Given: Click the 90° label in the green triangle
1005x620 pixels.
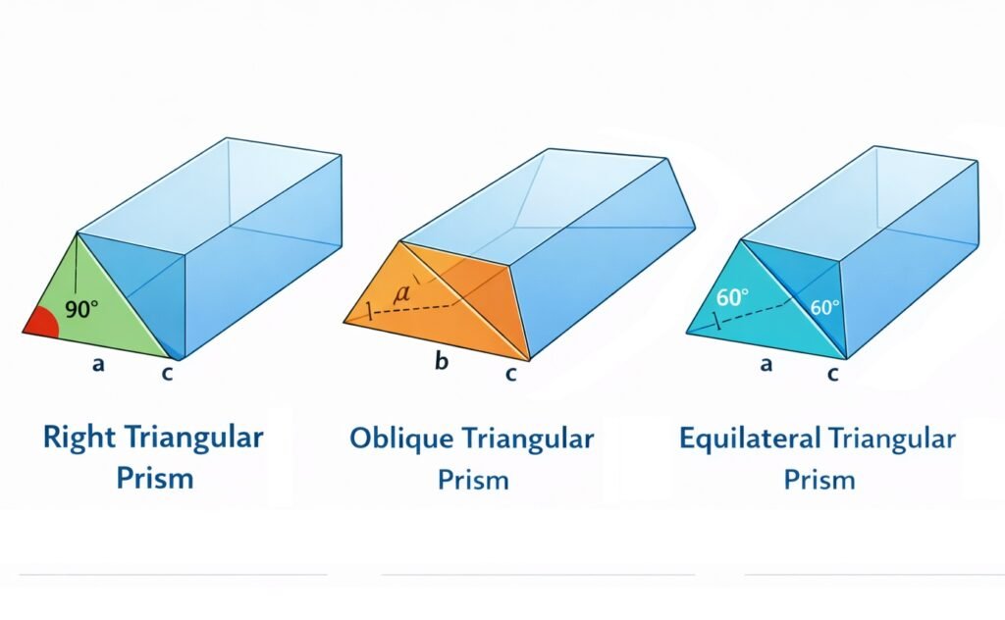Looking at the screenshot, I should click(81, 310).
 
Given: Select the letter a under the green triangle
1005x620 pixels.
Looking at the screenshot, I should click(97, 364).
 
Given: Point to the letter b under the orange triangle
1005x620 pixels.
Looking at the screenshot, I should click(442, 362).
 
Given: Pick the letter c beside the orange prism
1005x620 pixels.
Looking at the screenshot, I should click(510, 373).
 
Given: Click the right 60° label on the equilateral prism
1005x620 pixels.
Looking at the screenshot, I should click(825, 307).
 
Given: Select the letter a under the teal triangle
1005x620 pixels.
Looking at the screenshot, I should click(767, 364).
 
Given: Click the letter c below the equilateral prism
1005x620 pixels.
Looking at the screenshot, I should click(833, 373).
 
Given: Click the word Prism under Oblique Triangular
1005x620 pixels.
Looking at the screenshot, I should click(473, 480).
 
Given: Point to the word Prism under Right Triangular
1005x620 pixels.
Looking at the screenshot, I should click(154, 480).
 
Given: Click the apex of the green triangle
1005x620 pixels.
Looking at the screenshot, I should click(77, 232).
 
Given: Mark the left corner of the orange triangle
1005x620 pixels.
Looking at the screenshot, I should click(344, 322).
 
